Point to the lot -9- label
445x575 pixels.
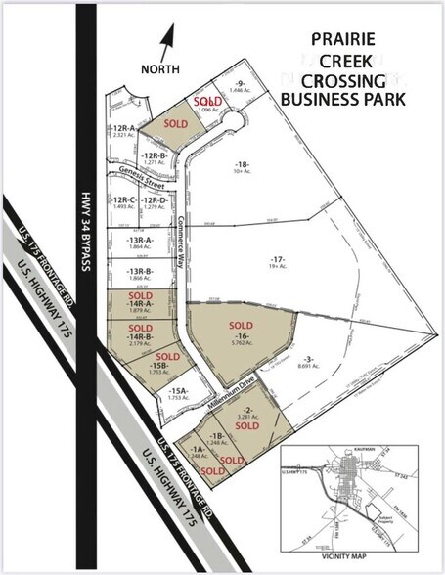239,84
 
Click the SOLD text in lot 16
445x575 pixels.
240,324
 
